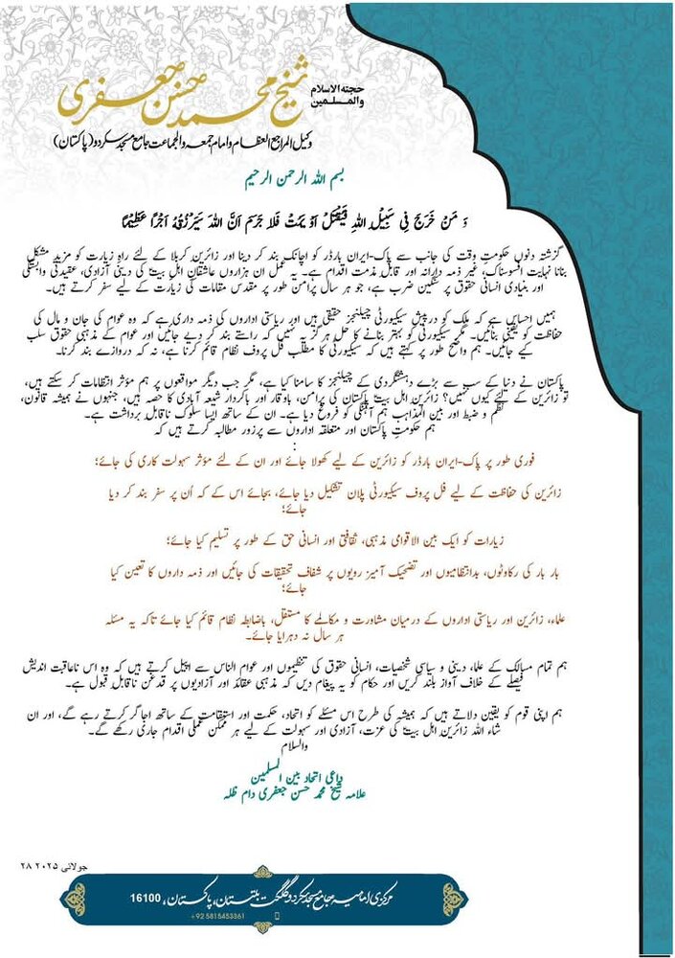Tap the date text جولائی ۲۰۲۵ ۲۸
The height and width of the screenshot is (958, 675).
click(44, 864)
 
